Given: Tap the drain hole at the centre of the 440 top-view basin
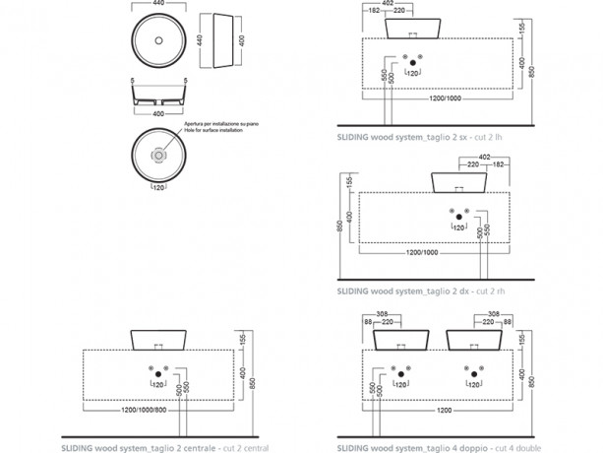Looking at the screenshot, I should tap(158, 40).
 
